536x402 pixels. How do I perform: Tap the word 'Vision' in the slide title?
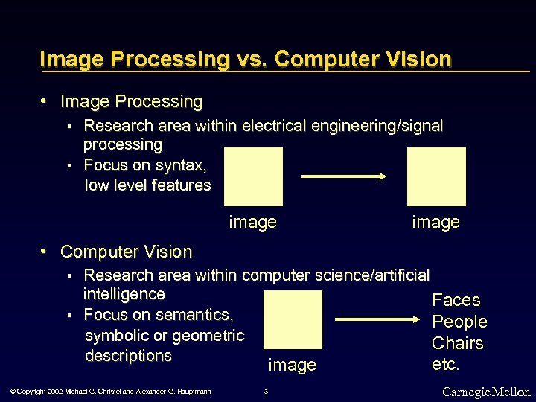coord(416,59)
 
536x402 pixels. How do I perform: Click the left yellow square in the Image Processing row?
coord(253,176)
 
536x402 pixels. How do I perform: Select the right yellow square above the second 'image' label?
coord(436,176)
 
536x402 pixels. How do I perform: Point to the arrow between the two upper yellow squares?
coord(345,176)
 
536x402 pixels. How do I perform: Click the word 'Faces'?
coord(456,300)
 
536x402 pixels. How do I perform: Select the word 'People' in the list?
coord(459,322)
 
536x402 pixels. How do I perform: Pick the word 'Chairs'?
coord(458,343)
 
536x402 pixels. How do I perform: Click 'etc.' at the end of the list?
coord(446,365)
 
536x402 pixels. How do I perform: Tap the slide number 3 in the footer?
coord(267,392)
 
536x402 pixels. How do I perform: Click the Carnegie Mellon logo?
coord(486,392)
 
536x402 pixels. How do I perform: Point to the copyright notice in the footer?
coord(111,392)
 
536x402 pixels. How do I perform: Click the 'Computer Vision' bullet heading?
coord(126,252)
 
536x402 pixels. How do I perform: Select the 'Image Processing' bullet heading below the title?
coord(131,101)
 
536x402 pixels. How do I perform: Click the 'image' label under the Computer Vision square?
coord(292,365)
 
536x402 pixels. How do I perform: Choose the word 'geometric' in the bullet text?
coord(206,335)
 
